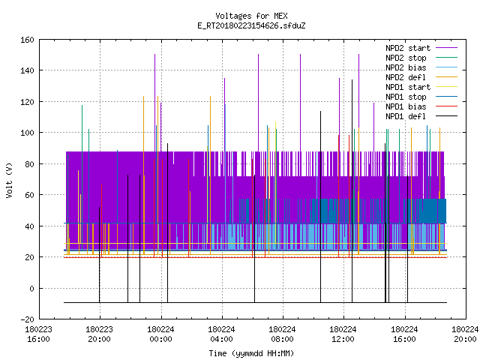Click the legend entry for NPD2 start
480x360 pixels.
[x=408, y=48]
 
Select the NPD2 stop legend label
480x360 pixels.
[x=406, y=58]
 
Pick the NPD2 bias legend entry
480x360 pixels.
[x=406, y=67]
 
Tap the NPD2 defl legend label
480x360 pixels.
[x=406, y=77]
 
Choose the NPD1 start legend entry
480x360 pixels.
[x=408, y=87]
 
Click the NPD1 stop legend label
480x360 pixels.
[x=406, y=97]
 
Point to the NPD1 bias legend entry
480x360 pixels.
[x=406, y=106]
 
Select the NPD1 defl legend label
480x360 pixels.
[x=406, y=117]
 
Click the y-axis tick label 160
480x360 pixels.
[x=27, y=40]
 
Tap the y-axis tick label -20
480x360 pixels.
[x=27, y=319]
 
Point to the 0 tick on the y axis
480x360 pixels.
[x=31, y=288]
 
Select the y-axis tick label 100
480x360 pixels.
[x=27, y=133]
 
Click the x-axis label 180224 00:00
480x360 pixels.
[x=160, y=334]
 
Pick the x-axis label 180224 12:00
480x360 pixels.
[x=343, y=334]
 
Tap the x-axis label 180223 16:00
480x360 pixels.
[x=38, y=334]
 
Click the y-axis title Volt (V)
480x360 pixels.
[x=10, y=180]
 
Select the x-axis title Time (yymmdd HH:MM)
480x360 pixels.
[x=251, y=353]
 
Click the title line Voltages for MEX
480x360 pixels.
[x=251, y=16]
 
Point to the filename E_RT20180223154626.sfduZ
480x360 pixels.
[x=251, y=25]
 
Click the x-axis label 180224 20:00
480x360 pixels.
[x=465, y=334]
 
